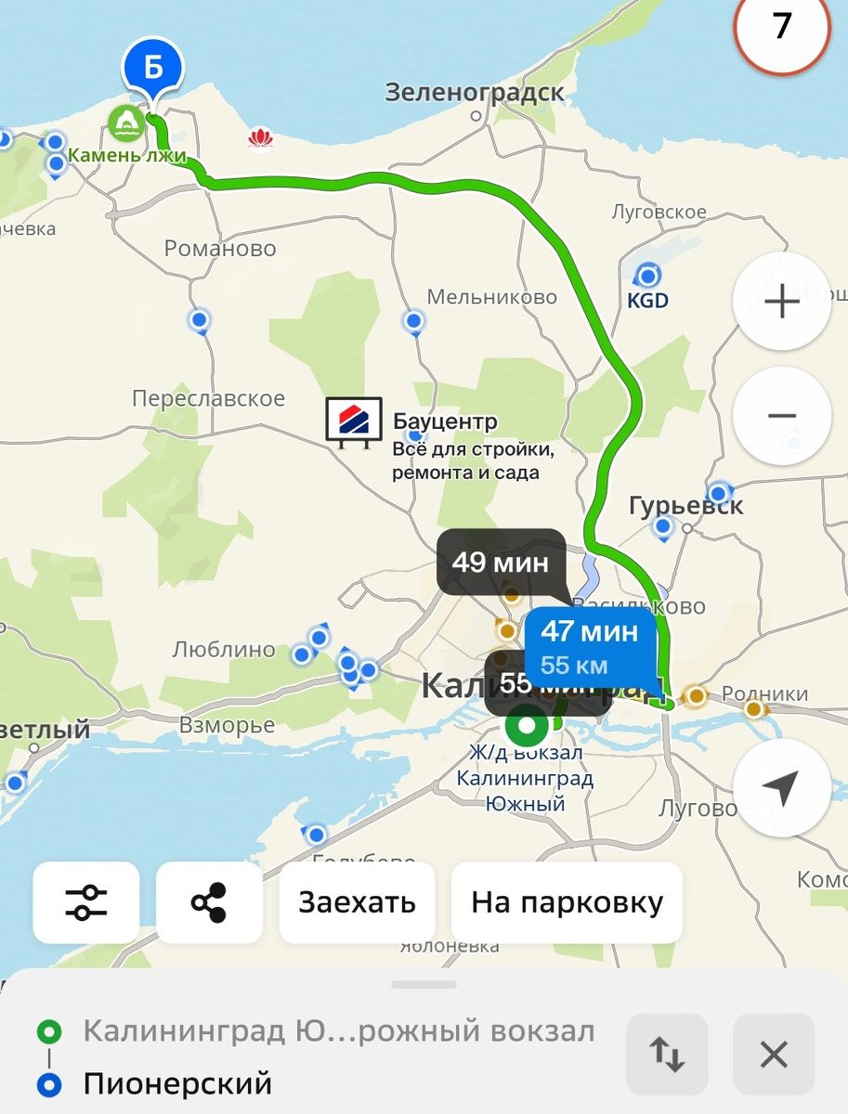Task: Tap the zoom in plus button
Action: click(x=781, y=302)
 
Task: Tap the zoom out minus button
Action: click(x=781, y=416)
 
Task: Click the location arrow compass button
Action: click(x=781, y=788)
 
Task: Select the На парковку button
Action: click(x=567, y=902)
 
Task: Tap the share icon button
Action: click(x=209, y=902)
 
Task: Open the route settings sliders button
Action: click(x=86, y=902)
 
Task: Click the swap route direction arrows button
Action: click(x=667, y=1054)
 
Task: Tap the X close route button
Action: click(x=774, y=1054)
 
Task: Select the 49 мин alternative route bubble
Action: click(x=501, y=562)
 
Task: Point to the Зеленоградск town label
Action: click(x=475, y=93)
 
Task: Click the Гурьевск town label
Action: click(x=686, y=506)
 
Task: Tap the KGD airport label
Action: click(x=647, y=301)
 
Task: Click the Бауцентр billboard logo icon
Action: click(x=354, y=421)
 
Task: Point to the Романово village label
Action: click(x=220, y=249)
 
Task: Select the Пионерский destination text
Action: click(x=177, y=1083)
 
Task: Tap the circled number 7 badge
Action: click(x=782, y=26)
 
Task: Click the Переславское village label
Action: click(x=208, y=398)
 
